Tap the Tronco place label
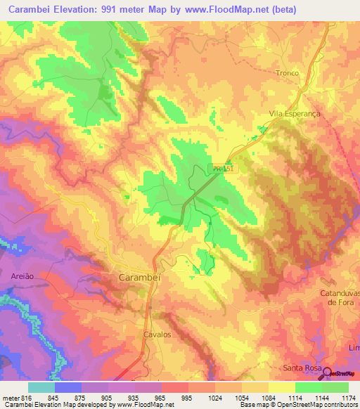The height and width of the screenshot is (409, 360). [287, 73]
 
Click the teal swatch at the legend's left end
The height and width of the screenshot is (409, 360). [41, 387]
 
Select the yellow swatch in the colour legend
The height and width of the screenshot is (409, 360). [281, 387]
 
